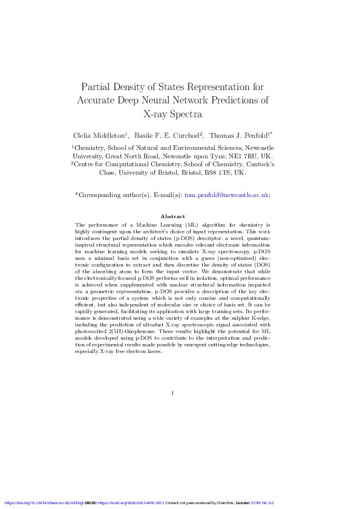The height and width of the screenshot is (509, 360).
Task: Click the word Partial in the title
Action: (96, 85)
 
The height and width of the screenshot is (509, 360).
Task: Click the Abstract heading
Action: (172, 216)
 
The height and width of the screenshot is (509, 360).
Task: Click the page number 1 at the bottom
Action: (172, 394)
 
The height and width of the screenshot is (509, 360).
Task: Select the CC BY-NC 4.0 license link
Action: (263, 503)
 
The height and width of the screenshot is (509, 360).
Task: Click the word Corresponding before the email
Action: (101, 195)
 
